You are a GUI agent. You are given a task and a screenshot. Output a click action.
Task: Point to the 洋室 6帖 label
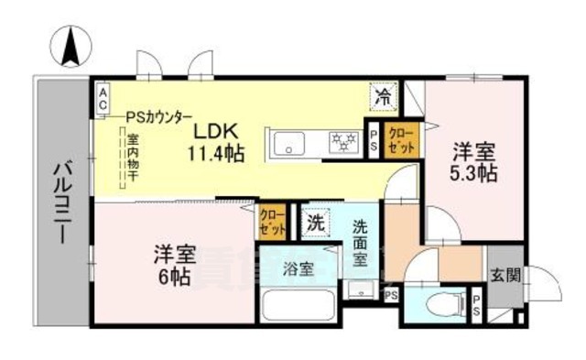pos(172,265)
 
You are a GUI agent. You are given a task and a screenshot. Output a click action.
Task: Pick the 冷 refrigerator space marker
pos(385,94)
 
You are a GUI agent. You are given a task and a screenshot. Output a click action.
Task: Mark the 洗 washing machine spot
pos(316,222)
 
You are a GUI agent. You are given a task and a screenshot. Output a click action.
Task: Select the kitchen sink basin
pos(290,143)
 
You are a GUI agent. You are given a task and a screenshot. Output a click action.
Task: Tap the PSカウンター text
pos(159,116)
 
